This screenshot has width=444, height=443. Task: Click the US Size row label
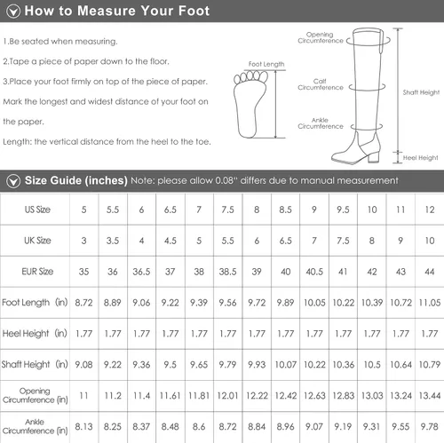(x=37, y=210)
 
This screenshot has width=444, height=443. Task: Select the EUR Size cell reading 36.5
(x=141, y=272)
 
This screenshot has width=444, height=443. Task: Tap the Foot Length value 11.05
(x=430, y=303)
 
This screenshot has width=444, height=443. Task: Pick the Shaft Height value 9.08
(x=83, y=365)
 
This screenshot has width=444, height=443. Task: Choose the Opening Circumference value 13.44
(x=430, y=396)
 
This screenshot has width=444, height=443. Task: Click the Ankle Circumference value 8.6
(x=199, y=427)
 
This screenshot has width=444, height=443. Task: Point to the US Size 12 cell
(x=430, y=210)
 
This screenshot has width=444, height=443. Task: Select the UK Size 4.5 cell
(x=170, y=241)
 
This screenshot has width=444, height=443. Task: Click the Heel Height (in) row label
(x=35, y=334)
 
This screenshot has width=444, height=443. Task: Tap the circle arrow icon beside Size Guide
(x=13, y=181)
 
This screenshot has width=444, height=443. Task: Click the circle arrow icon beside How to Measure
(x=13, y=12)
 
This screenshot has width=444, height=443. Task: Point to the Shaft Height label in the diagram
(x=421, y=92)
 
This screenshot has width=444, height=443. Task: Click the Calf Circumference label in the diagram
(x=321, y=84)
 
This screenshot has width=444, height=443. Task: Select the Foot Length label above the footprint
(x=266, y=64)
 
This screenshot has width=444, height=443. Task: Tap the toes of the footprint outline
(x=251, y=76)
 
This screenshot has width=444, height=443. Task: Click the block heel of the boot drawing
(x=374, y=155)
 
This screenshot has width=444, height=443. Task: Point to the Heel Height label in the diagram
(x=420, y=158)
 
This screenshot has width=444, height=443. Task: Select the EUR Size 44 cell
(x=430, y=272)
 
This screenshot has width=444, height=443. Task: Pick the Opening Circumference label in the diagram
(x=321, y=37)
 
